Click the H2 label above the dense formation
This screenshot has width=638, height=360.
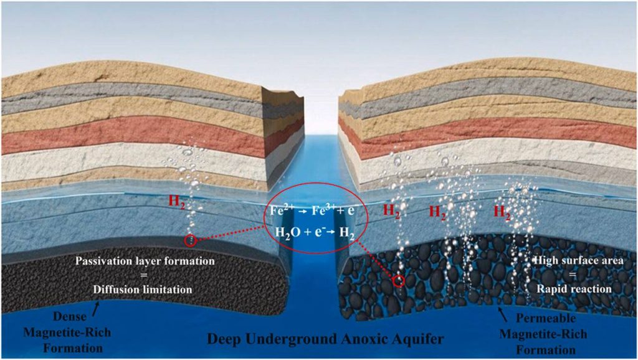point(178,202)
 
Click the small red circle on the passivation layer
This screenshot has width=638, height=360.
point(191,241)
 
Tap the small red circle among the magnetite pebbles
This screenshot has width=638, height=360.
point(399,280)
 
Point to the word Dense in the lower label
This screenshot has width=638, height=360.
point(70,316)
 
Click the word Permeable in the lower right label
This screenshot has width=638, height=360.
point(546,318)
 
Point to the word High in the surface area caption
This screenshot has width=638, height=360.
point(545,260)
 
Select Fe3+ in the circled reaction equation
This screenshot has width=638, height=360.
point(324,210)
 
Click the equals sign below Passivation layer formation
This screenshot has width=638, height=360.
point(144,275)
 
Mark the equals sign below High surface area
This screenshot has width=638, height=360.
point(573,275)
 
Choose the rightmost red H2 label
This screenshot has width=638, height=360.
point(502,212)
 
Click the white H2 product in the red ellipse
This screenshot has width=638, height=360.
point(346,233)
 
